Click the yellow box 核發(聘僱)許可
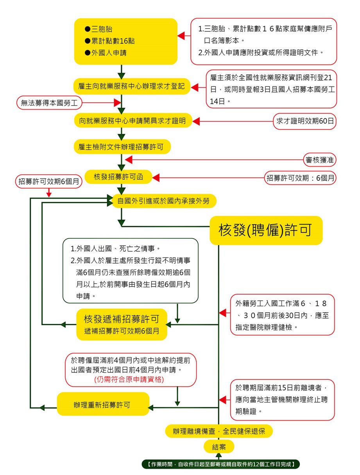[x=266, y=230]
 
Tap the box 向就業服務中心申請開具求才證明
[x=133, y=121]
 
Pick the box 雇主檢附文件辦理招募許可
[x=122, y=147]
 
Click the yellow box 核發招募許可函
[x=118, y=177]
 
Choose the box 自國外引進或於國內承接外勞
[x=164, y=201]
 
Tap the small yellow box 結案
[x=219, y=447]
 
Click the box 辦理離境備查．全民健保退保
[x=219, y=431]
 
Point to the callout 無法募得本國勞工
[x=50, y=103]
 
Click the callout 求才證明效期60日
[x=305, y=121]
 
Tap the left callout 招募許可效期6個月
[x=49, y=182]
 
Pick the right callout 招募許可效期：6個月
[x=300, y=178]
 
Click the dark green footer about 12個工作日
[x=220, y=464]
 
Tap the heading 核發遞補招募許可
[x=120, y=318]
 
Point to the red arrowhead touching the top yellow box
[x=181, y=36]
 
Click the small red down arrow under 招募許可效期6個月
[x=49, y=194]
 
